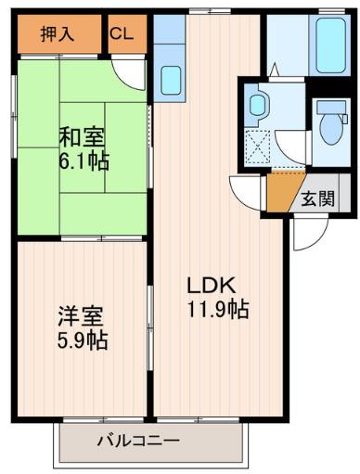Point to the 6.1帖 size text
82,161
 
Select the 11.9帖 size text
217,310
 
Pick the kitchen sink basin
171,79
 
